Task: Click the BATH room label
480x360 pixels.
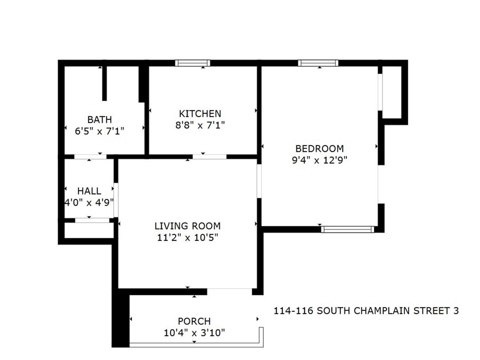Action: tap(99, 120)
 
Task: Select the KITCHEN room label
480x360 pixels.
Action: tap(200, 114)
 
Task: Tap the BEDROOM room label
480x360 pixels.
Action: tap(319, 148)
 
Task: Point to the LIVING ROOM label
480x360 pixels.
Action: tap(187, 226)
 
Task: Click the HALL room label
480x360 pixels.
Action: tap(89, 191)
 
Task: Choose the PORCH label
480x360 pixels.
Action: tap(194, 321)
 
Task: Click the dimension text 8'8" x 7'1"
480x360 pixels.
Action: tap(200, 125)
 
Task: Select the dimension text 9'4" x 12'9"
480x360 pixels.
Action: tap(319, 160)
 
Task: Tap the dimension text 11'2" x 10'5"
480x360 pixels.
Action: tap(187, 237)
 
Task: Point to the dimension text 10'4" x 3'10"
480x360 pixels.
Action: tap(194, 333)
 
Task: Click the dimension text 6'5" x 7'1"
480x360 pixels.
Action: tap(99, 131)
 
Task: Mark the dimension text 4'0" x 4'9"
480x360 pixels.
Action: tap(89, 202)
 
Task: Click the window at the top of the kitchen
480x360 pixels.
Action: tap(192, 63)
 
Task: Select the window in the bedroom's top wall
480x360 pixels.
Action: tap(318, 63)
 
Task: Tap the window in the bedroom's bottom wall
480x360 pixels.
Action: tap(348, 229)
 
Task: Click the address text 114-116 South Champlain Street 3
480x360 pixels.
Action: tap(366, 311)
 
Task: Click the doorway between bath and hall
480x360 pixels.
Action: tap(90, 157)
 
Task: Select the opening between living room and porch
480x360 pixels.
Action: tap(229, 291)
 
